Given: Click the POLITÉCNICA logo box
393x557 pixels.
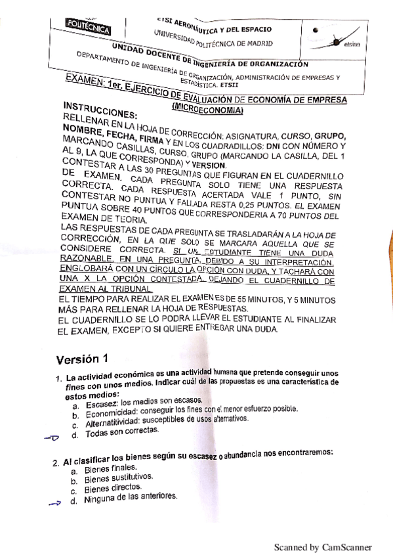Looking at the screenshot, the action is [87, 27].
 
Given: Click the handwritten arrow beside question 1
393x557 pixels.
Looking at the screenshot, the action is [52, 438].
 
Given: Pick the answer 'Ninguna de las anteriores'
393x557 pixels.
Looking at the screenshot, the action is [131, 500].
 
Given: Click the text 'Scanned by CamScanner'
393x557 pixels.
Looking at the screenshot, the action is [322, 546].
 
